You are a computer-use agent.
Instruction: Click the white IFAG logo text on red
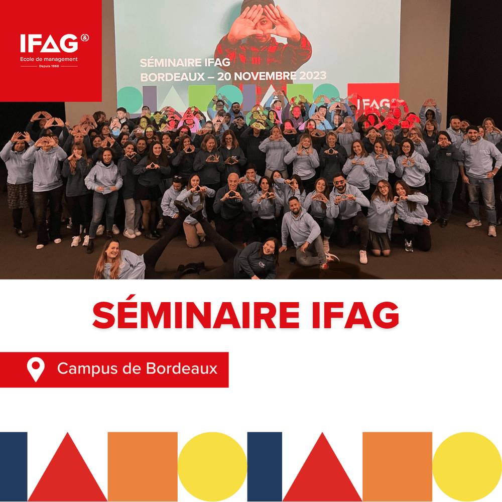pyautogui.click(x=49, y=44)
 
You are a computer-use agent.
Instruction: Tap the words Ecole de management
pyautogui.click(x=49, y=59)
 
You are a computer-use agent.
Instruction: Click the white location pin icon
pyautogui.click(x=36, y=369)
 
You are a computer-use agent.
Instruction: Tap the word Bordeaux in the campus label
pyautogui.click(x=182, y=368)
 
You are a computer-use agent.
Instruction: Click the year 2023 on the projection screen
pyautogui.click(x=306, y=76)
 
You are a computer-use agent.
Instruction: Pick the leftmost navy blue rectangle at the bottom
pyautogui.click(x=14, y=466)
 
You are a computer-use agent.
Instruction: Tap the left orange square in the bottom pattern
pyautogui.click(x=143, y=466)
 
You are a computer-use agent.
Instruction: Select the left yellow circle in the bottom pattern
pyautogui.click(x=212, y=466)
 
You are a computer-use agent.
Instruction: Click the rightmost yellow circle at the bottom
pyautogui.click(x=467, y=466)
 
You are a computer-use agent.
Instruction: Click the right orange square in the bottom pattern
pyautogui.click(x=398, y=466)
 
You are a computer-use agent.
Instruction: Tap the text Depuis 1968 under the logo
pyautogui.click(x=49, y=66)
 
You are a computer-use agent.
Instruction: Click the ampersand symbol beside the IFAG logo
pyautogui.click(x=84, y=38)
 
